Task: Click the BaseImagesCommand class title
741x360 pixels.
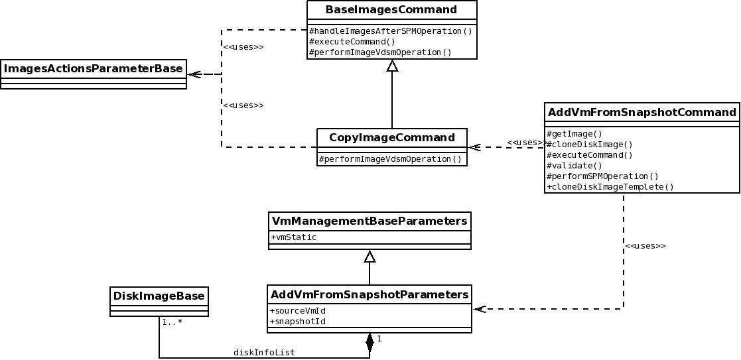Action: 391,10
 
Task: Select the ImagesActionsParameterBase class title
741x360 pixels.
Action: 93,68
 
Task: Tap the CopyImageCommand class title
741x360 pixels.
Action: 392,138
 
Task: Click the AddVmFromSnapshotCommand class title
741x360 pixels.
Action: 642,112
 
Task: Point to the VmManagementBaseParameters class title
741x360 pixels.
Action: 370,221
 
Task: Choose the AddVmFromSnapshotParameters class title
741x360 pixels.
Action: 370,294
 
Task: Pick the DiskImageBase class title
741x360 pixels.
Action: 159,296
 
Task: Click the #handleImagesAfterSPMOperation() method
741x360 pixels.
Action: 391,31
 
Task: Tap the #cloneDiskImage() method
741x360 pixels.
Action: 590,145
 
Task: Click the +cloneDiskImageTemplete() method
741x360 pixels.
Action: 610,187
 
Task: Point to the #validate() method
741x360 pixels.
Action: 574,166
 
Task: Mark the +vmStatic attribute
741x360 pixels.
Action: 293,237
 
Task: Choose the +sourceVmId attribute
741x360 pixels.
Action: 297,311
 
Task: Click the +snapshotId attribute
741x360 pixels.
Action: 297,322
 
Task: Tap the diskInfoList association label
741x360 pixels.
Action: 264,353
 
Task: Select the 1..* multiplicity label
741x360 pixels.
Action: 172,322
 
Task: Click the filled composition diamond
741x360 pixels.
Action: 370,341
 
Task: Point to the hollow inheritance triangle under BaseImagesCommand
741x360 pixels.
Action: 392,66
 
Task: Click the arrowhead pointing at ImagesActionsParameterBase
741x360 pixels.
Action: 194,74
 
